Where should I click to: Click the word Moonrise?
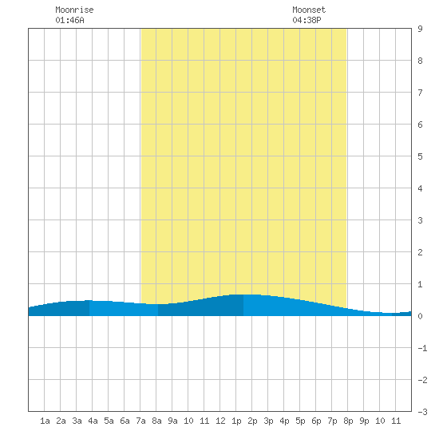74,10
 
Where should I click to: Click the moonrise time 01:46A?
69,20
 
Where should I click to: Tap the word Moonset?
309,10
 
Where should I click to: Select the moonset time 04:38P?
307,20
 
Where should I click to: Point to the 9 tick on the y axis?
420,29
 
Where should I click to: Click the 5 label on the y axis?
420,156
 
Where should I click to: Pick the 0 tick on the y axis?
420,316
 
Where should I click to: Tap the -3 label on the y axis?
422,412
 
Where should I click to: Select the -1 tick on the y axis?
422,348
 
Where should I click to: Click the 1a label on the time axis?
45,421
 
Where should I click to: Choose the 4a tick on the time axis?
93,421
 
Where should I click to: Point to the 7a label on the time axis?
140,421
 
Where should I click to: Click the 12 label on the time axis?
220,421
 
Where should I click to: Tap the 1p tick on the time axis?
236,421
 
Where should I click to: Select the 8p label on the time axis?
348,421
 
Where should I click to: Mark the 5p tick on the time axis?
300,421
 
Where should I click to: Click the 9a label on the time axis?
172,421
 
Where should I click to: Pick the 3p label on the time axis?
268,421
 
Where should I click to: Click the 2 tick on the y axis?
420,252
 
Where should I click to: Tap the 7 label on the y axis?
420,93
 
